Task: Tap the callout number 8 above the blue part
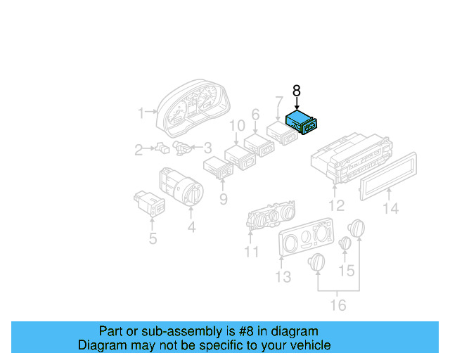click(x=296, y=91)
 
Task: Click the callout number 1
click(x=141, y=112)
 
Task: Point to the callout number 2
click(x=139, y=148)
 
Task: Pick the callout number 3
click(x=207, y=148)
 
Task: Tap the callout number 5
click(x=153, y=239)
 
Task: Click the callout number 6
click(x=255, y=114)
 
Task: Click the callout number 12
click(x=337, y=205)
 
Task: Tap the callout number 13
click(x=283, y=277)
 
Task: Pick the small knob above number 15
click(x=345, y=244)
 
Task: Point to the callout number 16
click(x=338, y=305)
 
